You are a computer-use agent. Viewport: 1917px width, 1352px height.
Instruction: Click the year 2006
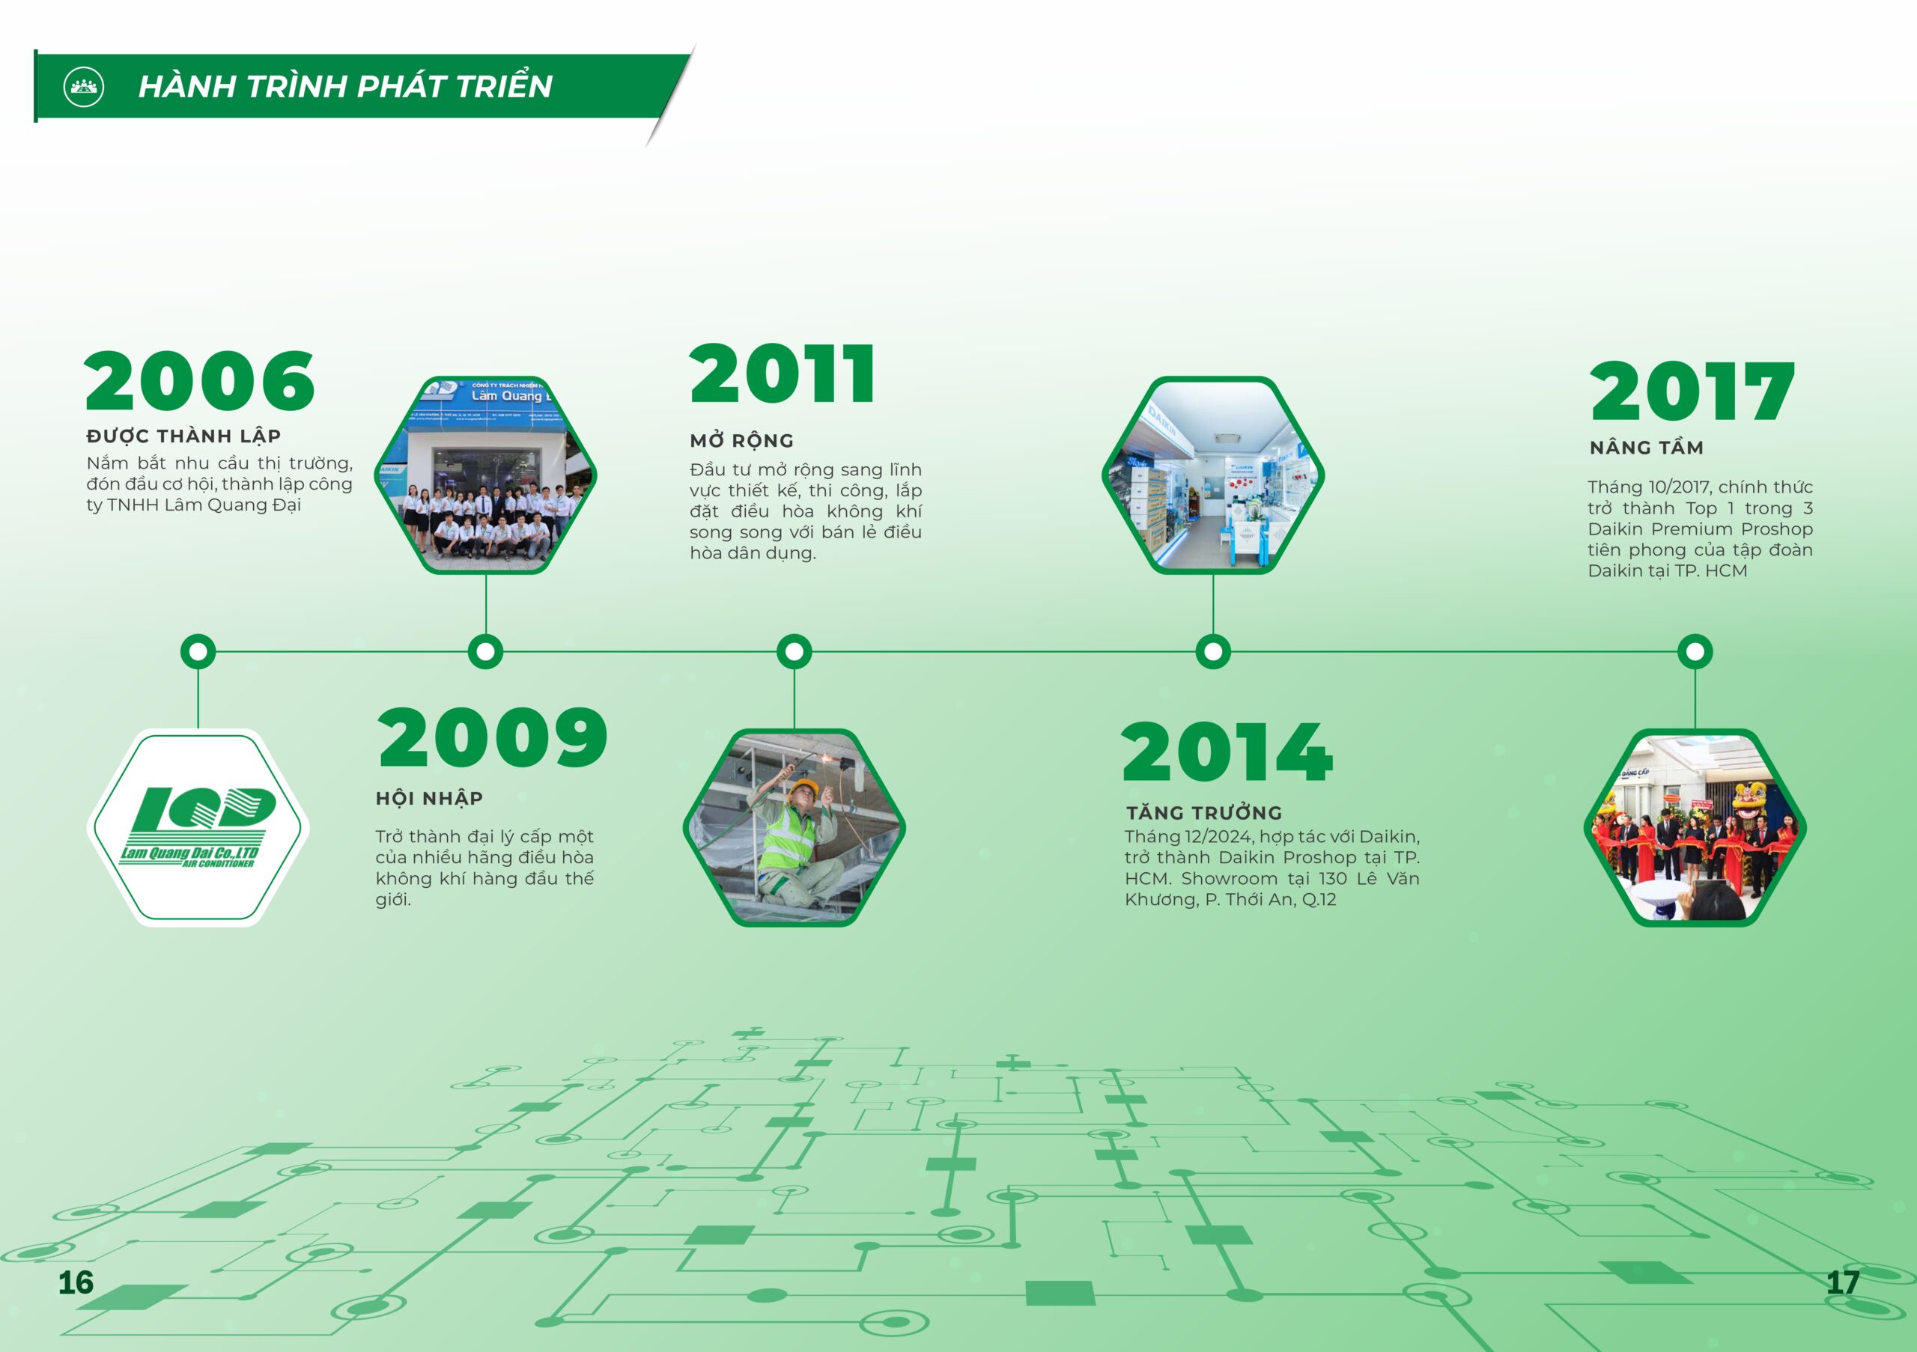pos(199,380)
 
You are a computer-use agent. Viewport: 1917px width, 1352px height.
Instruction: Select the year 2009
pos(493,737)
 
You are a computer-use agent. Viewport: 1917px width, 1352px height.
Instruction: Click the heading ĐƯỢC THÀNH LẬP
pos(183,436)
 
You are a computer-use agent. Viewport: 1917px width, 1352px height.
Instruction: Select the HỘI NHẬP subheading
pos(429,799)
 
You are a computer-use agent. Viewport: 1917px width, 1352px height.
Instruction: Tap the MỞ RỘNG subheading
pos(741,441)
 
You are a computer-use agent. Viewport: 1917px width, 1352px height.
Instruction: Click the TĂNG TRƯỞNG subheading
pos(1204,812)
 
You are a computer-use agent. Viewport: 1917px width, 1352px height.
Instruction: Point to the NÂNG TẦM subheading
pos(1647,448)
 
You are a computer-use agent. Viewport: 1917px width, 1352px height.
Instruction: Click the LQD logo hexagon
pos(198,827)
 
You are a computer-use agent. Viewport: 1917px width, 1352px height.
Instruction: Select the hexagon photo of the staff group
pos(485,475)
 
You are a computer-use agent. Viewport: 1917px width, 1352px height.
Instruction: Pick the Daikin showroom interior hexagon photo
pos(1213,475)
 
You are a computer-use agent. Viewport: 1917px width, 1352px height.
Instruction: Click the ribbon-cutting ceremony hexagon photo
pos(1695,827)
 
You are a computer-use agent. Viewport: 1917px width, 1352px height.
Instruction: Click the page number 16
pos(76,1282)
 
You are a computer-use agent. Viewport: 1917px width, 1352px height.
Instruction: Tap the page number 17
pos(1842,1282)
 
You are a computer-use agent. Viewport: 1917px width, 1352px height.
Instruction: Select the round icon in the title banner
pos(83,86)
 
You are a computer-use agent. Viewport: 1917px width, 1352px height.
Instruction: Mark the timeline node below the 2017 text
pos(1695,651)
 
